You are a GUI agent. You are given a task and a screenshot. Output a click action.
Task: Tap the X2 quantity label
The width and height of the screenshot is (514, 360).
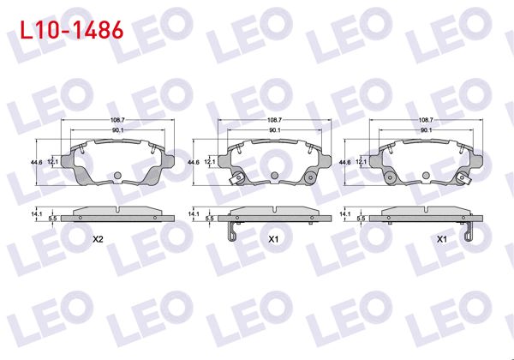[98, 239]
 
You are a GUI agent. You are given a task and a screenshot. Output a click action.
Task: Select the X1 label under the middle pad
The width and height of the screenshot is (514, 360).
[273, 239]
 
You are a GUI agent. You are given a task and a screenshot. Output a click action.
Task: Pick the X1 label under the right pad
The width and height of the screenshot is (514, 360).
[440, 239]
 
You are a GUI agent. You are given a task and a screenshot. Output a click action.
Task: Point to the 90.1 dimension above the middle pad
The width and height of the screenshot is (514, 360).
[275, 130]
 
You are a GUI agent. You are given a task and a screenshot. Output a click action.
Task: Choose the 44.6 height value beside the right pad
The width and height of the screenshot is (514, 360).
[345, 160]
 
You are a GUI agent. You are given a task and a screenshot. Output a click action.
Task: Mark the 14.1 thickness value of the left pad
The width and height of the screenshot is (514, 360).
[36, 213]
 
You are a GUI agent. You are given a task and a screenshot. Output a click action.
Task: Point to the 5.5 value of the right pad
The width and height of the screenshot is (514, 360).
[361, 219]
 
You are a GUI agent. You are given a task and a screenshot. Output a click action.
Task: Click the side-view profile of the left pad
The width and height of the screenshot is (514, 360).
[118, 213]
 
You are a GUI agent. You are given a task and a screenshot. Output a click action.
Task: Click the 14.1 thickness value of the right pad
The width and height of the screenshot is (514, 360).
[345, 213]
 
